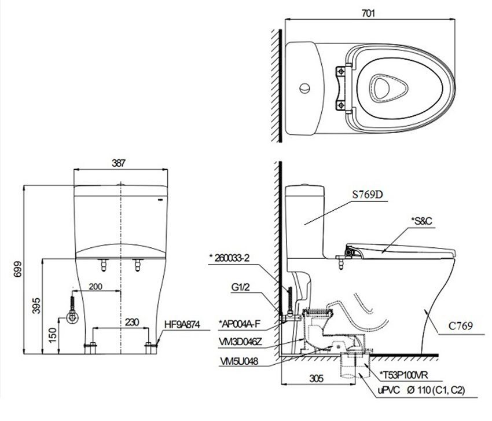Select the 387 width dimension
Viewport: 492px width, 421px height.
119,163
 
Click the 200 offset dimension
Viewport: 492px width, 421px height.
96,287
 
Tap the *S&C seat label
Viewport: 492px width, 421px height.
422,222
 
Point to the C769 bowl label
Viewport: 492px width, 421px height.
461,327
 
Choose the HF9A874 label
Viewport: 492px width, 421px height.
182,326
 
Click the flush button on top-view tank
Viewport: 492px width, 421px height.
304,89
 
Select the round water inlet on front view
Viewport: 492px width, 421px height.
72,317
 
